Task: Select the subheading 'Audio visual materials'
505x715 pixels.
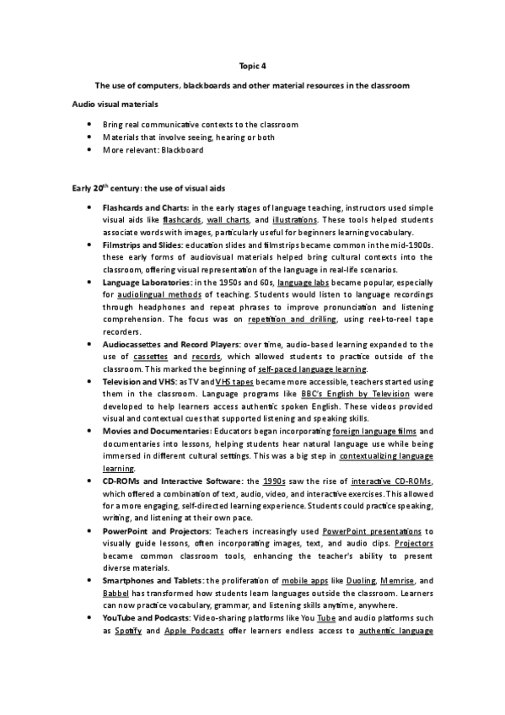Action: point(113,104)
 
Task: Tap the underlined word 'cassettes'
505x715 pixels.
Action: point(150,357)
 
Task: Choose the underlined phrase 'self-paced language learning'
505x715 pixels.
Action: point(313,370)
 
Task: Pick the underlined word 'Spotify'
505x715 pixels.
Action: point(127,632)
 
